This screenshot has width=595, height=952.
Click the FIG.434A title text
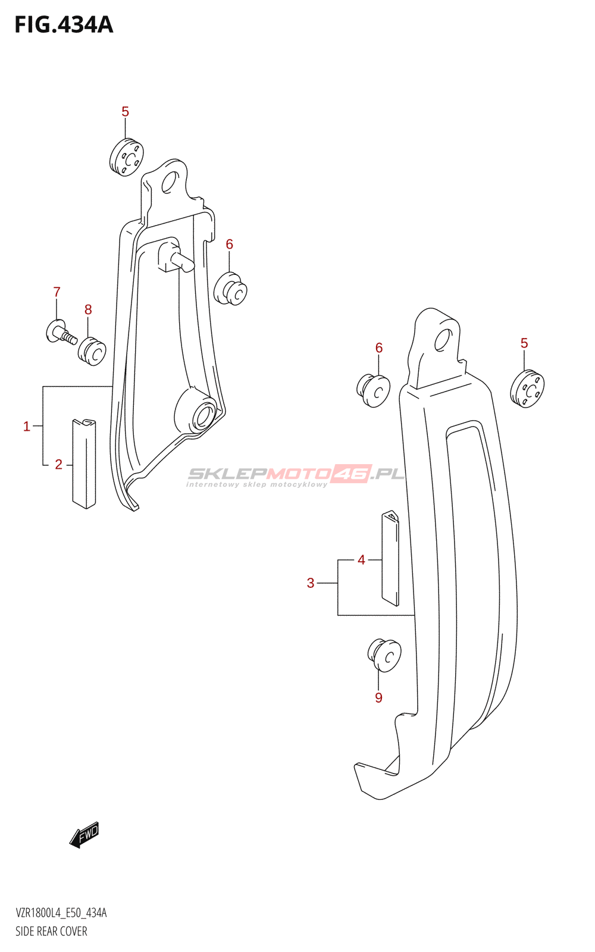point(64,25)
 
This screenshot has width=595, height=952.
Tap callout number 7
point(57,292)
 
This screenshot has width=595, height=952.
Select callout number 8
point(88,309)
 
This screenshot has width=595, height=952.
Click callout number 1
point(27,426)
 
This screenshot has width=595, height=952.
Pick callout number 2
point(58,465)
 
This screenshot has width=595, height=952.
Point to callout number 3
point(311,583)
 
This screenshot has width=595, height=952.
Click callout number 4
point(361,560)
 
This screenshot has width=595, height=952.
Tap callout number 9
point(378,697)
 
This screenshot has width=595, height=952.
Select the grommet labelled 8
point(92,351)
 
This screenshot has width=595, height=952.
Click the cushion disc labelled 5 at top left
point(127,158)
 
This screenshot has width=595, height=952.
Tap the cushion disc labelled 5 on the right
point(527,389)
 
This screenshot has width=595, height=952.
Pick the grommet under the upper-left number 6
point(231,289)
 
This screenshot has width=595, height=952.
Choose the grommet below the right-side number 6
point(374,391)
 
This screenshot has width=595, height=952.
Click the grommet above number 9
point(384,656)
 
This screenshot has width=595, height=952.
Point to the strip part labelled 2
point(84,464)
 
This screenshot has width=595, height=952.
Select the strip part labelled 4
point(390,558)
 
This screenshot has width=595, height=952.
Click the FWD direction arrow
point(84,835)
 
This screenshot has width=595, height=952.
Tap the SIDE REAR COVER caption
point(51,931)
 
